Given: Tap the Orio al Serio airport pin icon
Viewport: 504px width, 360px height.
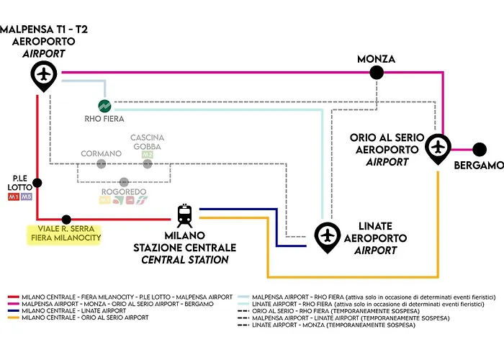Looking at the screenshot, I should click(438, 147).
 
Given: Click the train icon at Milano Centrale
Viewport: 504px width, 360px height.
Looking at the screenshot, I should click(184, 214).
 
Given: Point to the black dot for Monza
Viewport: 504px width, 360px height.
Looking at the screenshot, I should click(376, 72).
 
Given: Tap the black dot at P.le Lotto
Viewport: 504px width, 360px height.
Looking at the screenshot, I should click(37, 183).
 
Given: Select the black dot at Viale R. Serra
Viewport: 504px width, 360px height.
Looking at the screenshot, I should click(66, 219).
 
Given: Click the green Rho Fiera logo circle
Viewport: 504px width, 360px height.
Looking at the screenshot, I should click(104, 104).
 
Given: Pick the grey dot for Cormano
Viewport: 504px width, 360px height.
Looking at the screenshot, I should click(101, 163).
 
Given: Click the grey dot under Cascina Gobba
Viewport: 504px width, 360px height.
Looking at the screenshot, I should click(148, 163).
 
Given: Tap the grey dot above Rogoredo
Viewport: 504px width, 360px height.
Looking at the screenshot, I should click(124, 181).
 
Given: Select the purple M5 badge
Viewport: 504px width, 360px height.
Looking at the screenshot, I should click(27, 197).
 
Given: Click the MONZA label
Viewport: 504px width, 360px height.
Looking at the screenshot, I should click(376, 58).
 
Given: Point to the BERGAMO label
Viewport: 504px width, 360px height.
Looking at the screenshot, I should click(479, 166).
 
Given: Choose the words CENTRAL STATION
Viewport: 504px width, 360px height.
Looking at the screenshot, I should click(185, 259).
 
